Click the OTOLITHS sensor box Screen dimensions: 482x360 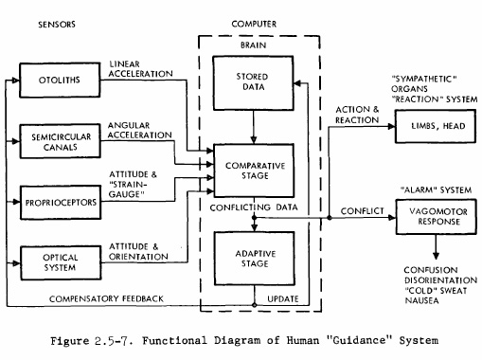coord(60,80)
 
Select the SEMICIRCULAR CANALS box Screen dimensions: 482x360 coord(60,141)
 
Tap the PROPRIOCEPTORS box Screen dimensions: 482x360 coord(61,203)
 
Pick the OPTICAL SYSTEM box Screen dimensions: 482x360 coord(61,262)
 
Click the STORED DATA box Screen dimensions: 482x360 coord(253,83)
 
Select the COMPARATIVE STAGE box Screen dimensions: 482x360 coord(254,171)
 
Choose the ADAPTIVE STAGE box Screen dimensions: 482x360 coord(255,259)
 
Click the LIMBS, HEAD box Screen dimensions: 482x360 coord(436,126)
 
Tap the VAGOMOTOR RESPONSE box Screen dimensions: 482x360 coord(437,217)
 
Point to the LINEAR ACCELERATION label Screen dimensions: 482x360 coord(140,69)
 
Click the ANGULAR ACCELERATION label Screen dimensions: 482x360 coord(140,130)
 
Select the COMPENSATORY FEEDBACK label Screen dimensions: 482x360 coord(106,298)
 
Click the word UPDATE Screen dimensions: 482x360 coord(283,298)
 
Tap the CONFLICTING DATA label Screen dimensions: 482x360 coord(254,207)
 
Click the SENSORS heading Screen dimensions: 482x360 coord(57,25)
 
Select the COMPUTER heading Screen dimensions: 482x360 coord(254,24)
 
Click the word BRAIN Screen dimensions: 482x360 coord(253,45)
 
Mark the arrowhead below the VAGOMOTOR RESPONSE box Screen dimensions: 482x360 coord(436,256)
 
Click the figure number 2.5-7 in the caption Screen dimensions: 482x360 coord(114,341)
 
